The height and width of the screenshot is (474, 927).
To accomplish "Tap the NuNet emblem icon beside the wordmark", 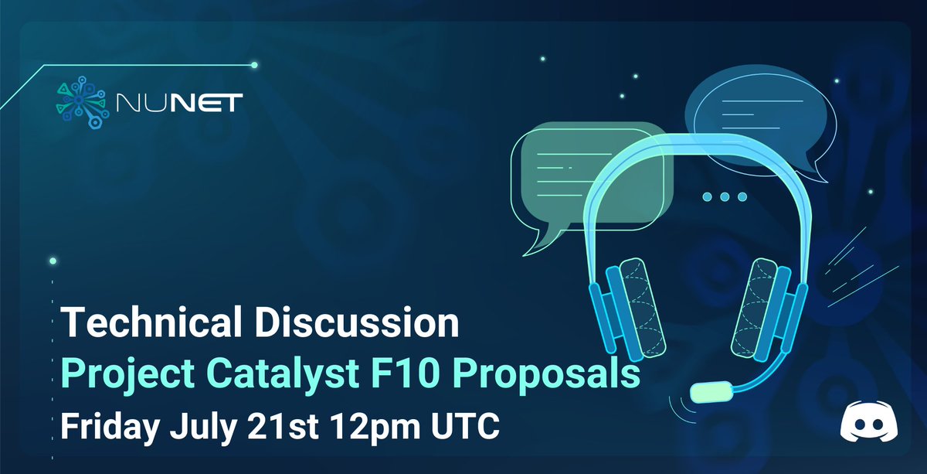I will tap(80, 101).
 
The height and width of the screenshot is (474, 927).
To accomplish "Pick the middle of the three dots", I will tap(725, 197).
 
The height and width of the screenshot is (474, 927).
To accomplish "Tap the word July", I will tap(205, 425).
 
